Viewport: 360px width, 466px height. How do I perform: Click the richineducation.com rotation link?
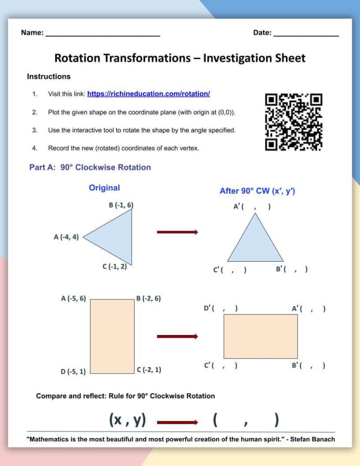(x=148, y=94)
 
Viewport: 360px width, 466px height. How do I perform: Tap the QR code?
(x=294, y=122)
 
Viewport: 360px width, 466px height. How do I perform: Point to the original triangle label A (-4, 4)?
(x=66, y=237)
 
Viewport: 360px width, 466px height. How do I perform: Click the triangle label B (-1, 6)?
(x=121, y=205)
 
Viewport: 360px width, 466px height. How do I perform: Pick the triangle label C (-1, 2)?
(x=115, y=267)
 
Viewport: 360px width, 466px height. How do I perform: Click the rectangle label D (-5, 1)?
(x=73, y=372)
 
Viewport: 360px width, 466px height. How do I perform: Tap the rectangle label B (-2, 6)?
(x=148, y=299)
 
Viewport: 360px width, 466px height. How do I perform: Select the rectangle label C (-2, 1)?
(x=149, y=370)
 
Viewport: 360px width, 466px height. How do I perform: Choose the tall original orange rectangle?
(x=112, y=336)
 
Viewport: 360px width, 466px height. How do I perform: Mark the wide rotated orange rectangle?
(x=260, y=336)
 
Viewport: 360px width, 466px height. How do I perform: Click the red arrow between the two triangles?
(x=177, y=232)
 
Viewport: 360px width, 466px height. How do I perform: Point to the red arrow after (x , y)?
(x=177, y=422)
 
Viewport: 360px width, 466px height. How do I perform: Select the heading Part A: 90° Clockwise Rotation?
(x=90, y=167)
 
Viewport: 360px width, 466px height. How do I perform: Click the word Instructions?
(x=49, y=76)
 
